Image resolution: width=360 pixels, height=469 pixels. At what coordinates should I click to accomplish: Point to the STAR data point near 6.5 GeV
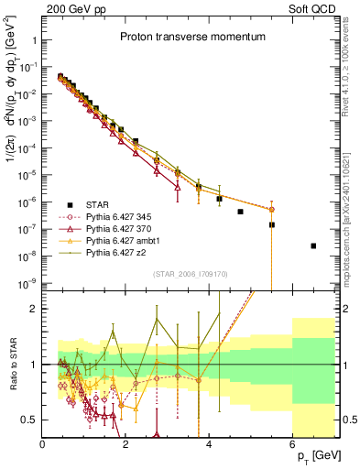click(313, 245)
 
